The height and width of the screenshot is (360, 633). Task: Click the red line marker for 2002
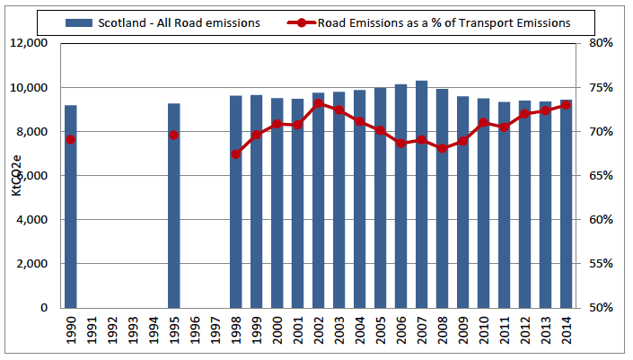[318, 103]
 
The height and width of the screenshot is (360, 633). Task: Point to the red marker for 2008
[442, 148]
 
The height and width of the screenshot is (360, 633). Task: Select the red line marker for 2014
[566, 105]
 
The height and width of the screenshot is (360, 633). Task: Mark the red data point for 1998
[235, 154]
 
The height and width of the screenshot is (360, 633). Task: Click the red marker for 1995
[173, 136]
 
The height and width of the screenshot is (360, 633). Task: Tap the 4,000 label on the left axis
[31, 220]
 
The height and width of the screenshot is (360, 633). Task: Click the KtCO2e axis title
[15, 175]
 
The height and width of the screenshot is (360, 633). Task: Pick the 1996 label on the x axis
[194, 331]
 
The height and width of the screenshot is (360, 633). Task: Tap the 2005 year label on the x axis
[380, 331]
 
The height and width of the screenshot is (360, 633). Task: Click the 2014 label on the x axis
[566, 331]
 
